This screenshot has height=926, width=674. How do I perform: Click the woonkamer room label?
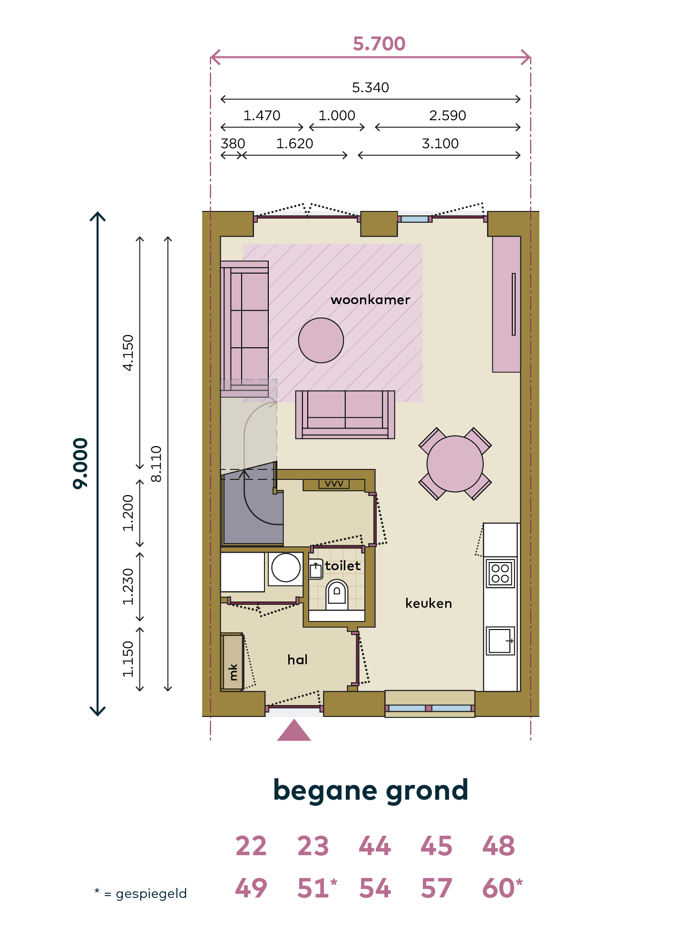coord(370,300)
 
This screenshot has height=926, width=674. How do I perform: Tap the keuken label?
coord(429,603)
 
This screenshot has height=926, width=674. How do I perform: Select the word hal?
coord(297,659)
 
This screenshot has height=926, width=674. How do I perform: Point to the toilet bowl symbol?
coord(337,594)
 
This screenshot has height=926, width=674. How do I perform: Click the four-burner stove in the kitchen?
coord(500,573)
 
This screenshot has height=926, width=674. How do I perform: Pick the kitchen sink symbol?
coord(500,641)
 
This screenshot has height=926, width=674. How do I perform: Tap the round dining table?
coord(455,464)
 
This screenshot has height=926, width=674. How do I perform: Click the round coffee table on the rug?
coord(321,340)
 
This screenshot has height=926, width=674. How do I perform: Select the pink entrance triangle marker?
coord(294,730)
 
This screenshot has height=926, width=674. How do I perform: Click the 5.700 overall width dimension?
coord(379,44)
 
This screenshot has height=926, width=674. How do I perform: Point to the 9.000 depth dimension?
coord(80,463)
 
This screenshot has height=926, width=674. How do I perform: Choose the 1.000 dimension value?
coord(337,115)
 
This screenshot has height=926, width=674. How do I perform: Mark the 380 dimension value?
coord(233,143)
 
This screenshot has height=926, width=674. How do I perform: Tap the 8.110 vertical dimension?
coord(156,464)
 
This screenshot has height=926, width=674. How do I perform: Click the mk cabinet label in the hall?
coord(233,672)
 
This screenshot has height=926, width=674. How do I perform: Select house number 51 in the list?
coord(313,888)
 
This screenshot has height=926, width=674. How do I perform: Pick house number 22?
coord(251,846)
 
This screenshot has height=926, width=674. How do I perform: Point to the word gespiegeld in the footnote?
coord(151,894)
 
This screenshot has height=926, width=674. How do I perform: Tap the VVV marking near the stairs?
coord(334,484)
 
